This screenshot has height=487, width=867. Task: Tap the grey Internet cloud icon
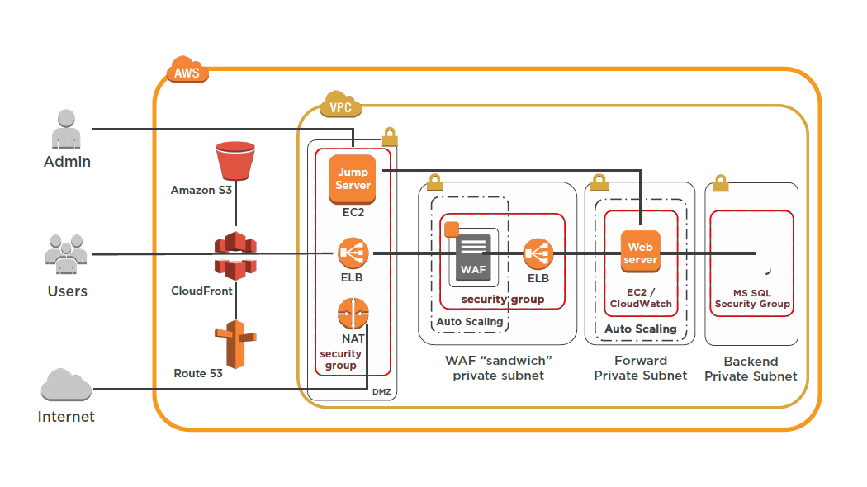tap(67, 386)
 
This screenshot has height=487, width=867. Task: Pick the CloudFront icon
tap(236, 253)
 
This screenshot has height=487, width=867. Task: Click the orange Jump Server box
tap(353, 179)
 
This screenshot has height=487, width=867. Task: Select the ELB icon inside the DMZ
tap(353, 253)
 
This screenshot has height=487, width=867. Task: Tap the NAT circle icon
tap(353, 314)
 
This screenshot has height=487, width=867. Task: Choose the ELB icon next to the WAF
tap(538, 253)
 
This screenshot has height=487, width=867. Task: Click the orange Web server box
tap(641, 253)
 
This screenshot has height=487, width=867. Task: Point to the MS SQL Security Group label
tap(752, 298)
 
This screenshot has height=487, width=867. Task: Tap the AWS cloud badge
tap(187, 72)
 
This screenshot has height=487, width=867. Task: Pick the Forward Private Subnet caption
tap(641, 368)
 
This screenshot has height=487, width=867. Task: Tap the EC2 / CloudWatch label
tap(641, 298)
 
